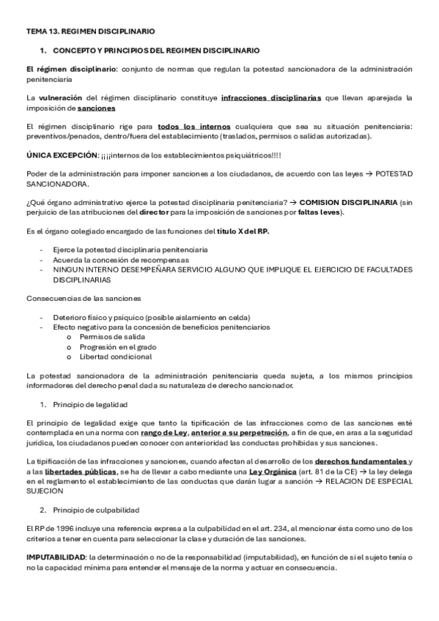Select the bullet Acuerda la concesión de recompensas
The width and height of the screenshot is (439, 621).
click(120, 259)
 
